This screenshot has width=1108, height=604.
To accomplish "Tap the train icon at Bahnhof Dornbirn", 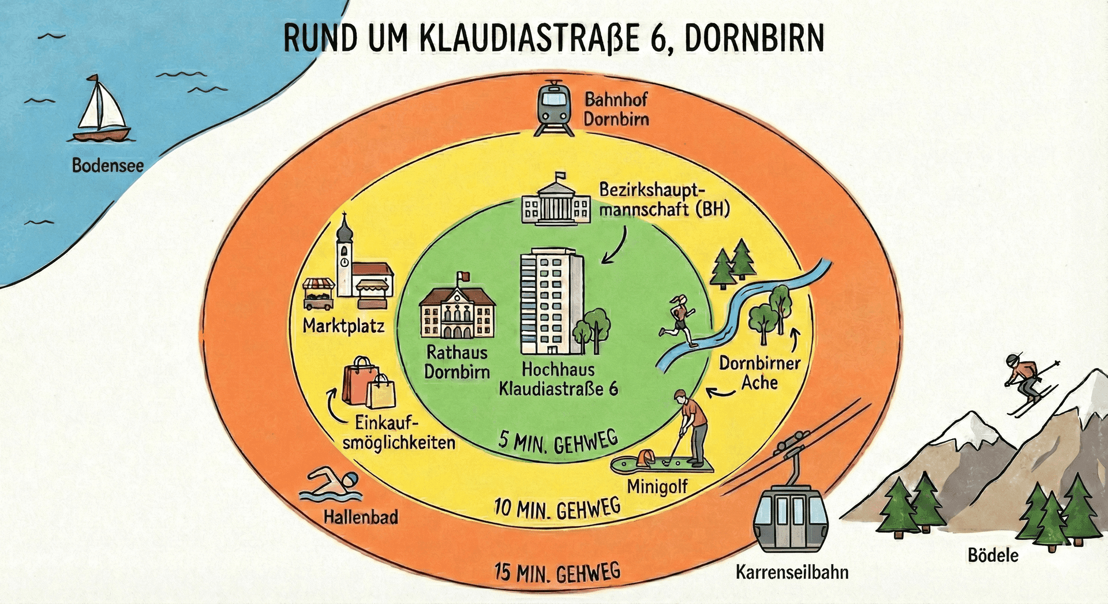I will (554, 108).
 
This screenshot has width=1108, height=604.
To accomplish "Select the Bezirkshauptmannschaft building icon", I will (556, 202).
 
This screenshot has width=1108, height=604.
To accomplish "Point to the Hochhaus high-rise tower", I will (551, 301).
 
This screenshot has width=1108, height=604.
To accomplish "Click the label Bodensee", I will (108, 166).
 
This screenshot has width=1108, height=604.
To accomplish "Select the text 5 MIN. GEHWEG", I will (557, 442).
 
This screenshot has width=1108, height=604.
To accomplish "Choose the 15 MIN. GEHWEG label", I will (557, 573).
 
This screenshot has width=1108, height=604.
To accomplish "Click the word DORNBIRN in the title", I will (754, 39).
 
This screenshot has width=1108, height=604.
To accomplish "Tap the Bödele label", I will (993, 556).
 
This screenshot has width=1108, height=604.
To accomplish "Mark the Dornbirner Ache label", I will (759, 373).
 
